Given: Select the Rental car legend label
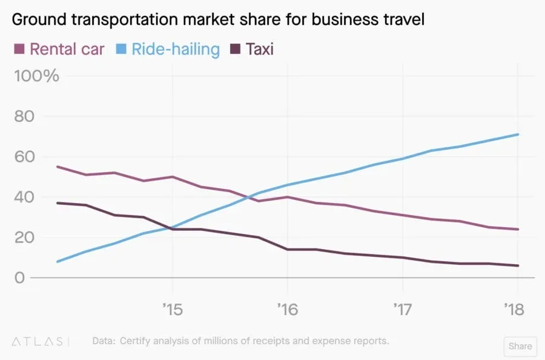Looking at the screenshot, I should tap(67, 48).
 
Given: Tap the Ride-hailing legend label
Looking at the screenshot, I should tap(175, 48).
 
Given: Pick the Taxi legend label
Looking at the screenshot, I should tap(259, 48).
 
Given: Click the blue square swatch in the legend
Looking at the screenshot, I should tap(120, 48).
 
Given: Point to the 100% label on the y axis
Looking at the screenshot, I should tap(36, 76).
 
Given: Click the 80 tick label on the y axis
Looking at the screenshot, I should tap(24, 116).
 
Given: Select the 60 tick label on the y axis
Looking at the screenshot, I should tap(24, 156).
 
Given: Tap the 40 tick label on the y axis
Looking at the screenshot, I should tap(24, 197).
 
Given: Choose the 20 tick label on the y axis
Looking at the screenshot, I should tap(24, 237).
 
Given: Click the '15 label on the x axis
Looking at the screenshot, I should tap(172, 310).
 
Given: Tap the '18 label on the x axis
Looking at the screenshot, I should tap(517, 310).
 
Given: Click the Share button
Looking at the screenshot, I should tap(520, 346).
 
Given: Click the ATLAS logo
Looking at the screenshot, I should tap(40, 341).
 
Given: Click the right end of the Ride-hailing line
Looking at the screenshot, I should tap(518, 135).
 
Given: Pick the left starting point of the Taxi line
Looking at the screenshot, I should tap(57, 203).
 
